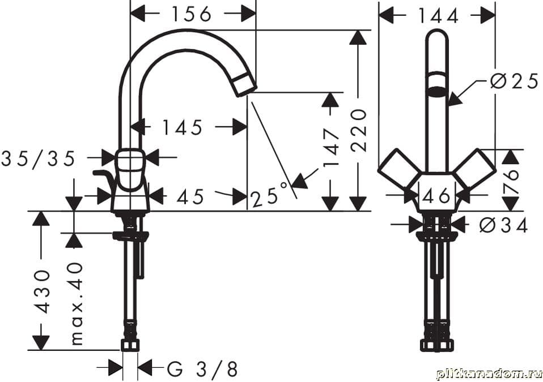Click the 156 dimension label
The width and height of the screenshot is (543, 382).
point(192,15)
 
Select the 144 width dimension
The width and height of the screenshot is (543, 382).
point(438,15)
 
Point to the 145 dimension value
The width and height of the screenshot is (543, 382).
point(183,127)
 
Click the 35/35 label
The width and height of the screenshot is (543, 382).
point(38,159)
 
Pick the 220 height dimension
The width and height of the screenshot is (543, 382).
point(359,131)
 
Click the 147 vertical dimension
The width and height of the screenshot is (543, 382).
point(332,148)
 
